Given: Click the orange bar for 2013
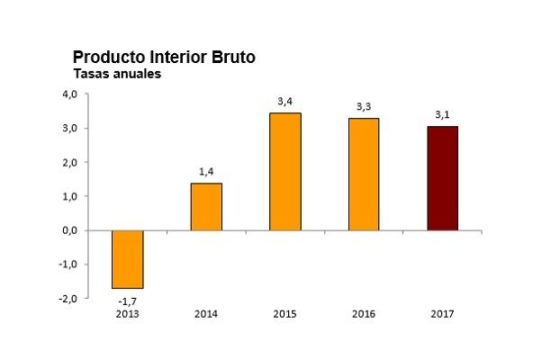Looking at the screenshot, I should (127, 259).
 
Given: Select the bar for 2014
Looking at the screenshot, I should (206, 207).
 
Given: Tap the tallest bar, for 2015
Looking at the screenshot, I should (285, 172).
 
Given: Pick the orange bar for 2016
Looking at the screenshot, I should (364, 174).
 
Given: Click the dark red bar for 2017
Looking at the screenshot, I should (442, 178).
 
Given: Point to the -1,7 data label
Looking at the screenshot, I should (127, 299).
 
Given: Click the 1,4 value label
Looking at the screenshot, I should (206, 172).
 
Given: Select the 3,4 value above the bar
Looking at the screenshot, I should (285, 101).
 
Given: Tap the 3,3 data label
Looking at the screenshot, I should (364, 107).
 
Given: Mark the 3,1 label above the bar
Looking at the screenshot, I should (442, 115).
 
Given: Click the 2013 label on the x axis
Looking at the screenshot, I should (127, 314).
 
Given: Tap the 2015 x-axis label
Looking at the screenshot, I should (285, 314).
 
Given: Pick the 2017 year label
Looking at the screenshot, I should (442, 314).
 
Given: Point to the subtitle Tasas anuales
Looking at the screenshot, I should (116, 75).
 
